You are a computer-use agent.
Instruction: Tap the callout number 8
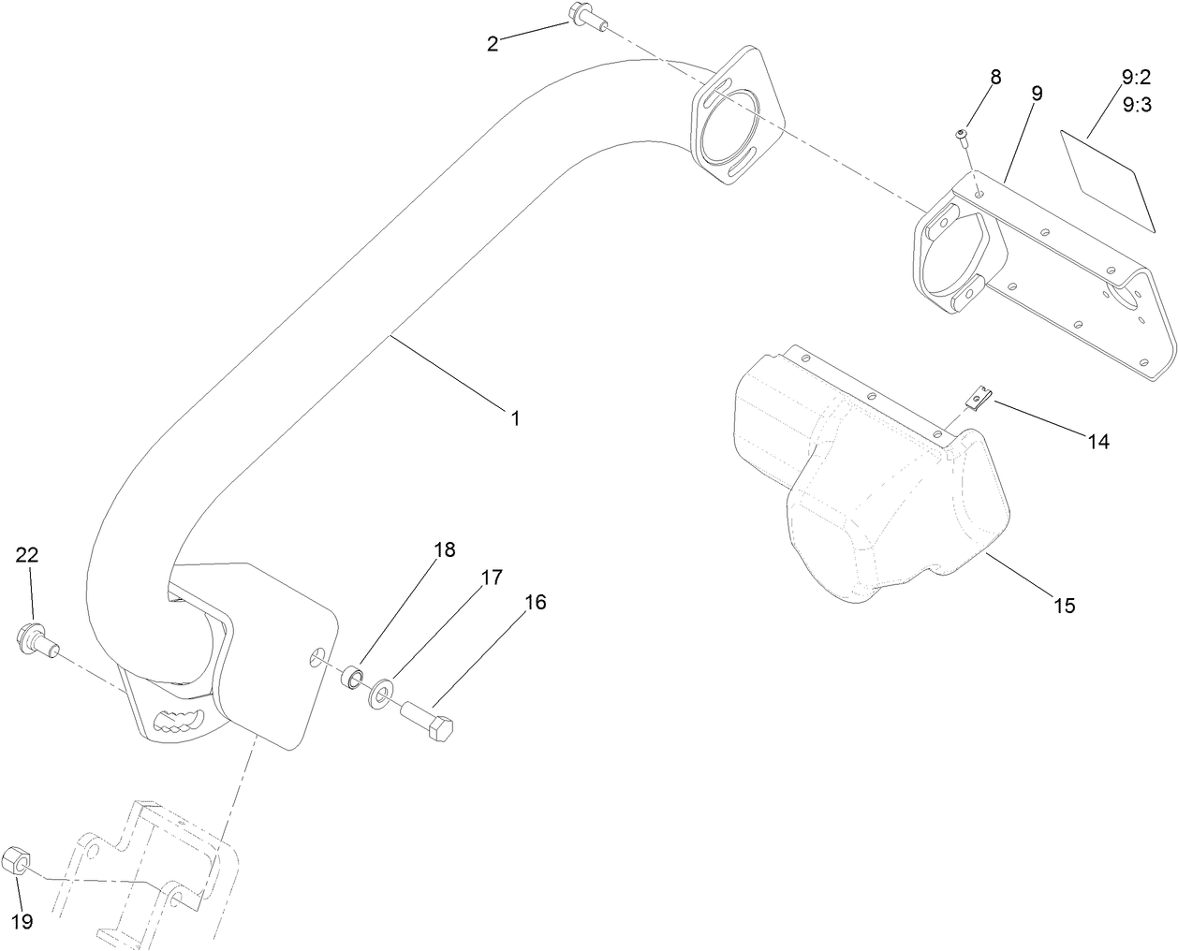[995, 77]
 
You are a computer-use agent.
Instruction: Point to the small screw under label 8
[962, 139]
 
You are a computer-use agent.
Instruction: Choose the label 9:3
[1136, 105]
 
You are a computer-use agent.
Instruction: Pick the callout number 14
[1098, 442]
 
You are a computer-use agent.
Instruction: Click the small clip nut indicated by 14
[977, 400]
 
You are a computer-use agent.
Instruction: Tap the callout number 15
[1065, 606]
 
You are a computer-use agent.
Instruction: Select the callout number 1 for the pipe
[514, 417]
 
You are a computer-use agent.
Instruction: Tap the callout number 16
[535, 602]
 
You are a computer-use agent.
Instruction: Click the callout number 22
[26, 554]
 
